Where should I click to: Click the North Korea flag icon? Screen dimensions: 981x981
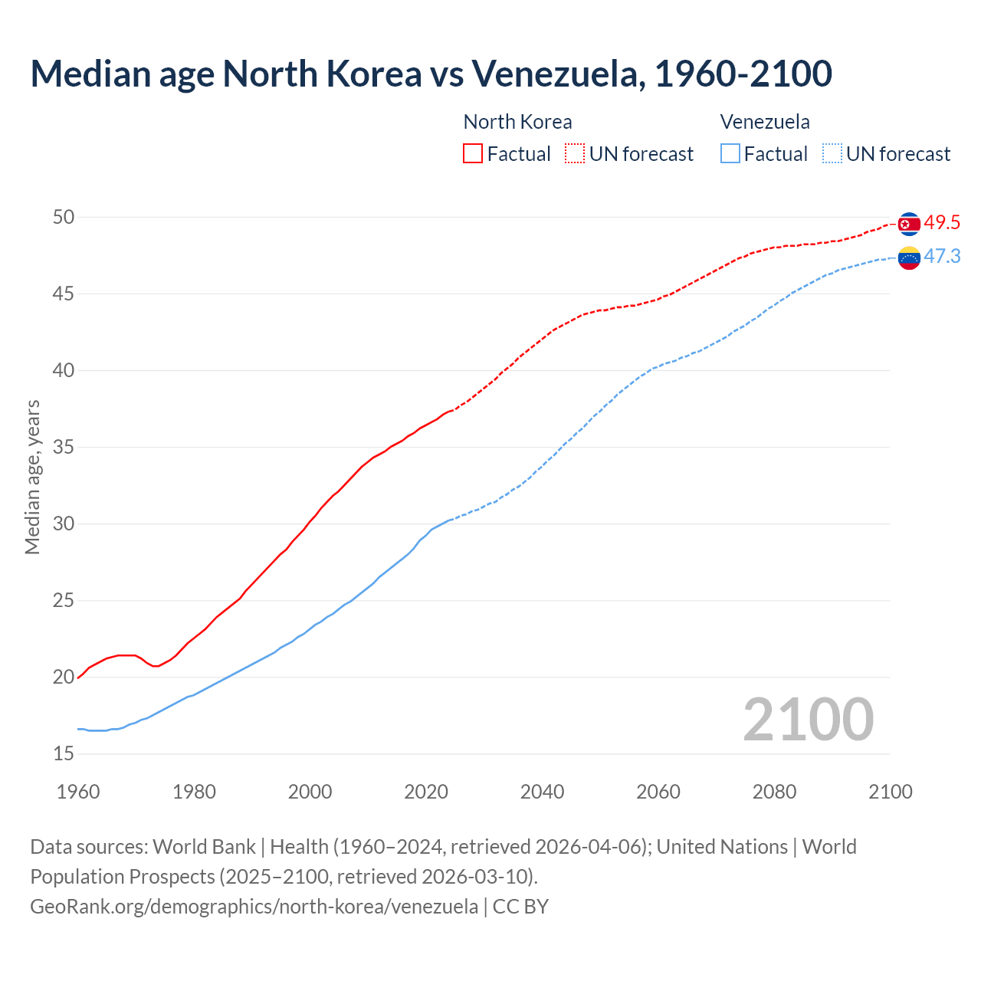pos(908,224)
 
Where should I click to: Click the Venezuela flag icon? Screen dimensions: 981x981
pos(908,258)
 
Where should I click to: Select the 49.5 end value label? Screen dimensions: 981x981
pos(942,223)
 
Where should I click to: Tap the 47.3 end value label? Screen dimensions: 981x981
pos(942,257)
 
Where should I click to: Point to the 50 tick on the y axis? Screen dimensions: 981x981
pos(64,218)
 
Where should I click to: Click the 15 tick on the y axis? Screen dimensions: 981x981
pos(64,754)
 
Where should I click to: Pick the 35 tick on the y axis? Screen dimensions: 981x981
pos(64,448)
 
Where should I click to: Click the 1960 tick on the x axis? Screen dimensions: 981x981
pos(78,792)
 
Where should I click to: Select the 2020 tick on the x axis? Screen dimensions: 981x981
pos(426,792)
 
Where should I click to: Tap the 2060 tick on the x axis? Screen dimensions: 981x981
pos(658,792)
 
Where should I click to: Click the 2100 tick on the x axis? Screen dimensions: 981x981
pos(891,792)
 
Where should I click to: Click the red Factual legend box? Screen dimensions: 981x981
pos(473,154)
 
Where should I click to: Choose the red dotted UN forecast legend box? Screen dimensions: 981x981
pos(575,154)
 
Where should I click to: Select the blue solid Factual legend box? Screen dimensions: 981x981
pos(730,154)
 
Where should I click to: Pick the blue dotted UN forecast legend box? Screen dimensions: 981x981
pos(832,154)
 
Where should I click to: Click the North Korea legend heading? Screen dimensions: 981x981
pos(517,122)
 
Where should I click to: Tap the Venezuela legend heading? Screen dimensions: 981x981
pos(765,122)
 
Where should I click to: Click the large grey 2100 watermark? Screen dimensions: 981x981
pos(809,720)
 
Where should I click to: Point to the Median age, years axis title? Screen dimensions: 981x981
pos(32,477)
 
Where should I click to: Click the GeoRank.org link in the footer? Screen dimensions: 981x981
pos(254,907)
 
